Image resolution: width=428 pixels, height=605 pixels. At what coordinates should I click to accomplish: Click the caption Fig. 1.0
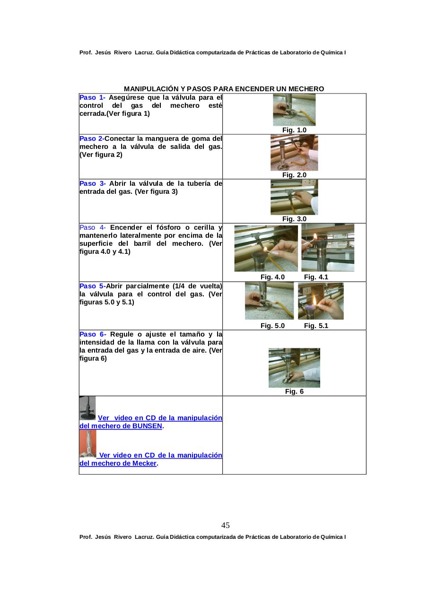294,130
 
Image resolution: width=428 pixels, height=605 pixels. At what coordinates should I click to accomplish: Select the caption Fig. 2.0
294,175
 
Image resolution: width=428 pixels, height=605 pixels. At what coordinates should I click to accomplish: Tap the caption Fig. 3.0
294,219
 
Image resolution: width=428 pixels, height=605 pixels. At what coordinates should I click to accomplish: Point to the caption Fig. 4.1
316,277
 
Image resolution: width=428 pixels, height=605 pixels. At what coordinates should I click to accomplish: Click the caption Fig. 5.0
272,326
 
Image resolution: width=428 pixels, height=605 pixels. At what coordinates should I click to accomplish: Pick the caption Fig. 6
294,391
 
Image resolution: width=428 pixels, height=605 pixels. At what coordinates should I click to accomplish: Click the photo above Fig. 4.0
266,248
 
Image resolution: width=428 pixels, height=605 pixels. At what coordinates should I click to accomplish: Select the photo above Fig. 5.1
321,301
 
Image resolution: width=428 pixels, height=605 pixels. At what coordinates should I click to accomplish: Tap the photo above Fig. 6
294,368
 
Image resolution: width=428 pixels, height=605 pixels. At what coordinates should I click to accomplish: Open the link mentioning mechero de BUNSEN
151,422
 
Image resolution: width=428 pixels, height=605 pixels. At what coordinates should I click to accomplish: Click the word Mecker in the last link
144,464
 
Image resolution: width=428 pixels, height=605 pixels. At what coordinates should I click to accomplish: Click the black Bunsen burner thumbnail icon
87,408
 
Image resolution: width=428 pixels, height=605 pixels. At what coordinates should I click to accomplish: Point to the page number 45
226,526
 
